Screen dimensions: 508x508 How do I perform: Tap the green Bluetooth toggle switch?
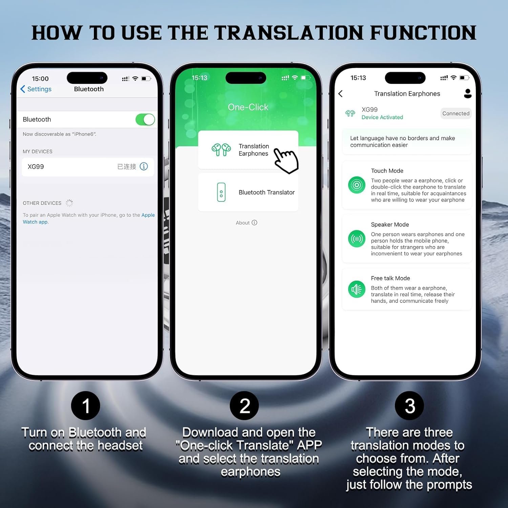coord(145,119)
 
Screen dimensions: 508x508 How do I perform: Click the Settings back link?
coord(36,89)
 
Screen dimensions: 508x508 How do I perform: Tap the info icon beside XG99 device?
coord(144,166)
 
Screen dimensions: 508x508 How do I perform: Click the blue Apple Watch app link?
coord(89,218)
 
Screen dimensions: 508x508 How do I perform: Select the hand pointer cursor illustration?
coord(286,161)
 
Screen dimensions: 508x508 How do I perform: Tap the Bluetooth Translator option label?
coord(267,192)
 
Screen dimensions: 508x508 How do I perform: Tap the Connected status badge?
coord(456,113)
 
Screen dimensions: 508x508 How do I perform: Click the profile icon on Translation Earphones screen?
coord(468,93)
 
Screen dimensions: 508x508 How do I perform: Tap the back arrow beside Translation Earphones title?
coord(341,93)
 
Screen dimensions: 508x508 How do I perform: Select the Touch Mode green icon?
coord(357,185)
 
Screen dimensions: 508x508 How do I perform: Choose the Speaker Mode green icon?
coord(357,239)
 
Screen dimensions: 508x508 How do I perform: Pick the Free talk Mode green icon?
coord(357,289)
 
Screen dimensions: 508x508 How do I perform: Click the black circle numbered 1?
coord(86,406)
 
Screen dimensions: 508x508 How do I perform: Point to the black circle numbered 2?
coord(245,406)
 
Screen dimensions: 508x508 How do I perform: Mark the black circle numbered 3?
coord(409,406)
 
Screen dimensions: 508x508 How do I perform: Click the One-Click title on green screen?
coord(248,107)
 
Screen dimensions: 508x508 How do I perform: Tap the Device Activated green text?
coord(382,117)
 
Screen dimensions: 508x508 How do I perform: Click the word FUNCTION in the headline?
coord(423,33)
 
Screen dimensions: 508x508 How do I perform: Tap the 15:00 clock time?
coord(40,79)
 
